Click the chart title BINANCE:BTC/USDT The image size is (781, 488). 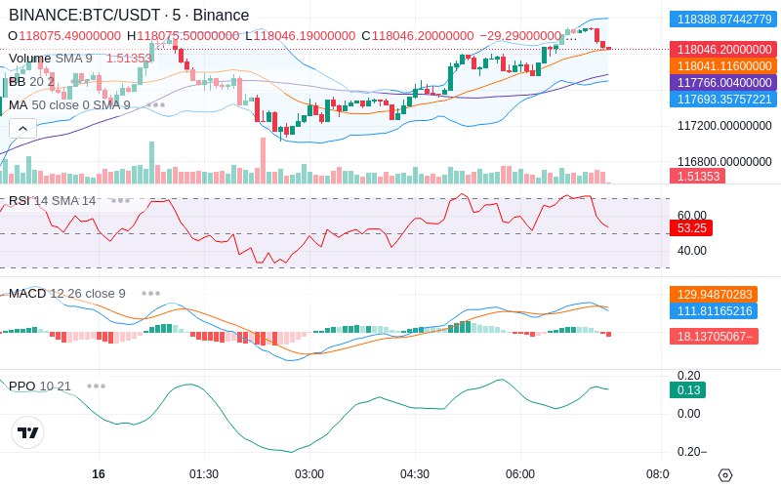84,16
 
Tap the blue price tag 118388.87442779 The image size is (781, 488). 724,20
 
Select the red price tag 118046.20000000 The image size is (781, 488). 724,50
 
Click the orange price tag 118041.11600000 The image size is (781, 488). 724,65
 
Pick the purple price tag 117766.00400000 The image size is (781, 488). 724,82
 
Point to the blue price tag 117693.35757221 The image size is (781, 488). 724,100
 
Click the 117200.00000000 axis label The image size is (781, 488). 724,126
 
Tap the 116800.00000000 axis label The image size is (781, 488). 724,161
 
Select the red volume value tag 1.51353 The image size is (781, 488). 697,177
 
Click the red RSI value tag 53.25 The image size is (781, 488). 691,228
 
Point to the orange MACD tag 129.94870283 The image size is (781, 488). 714,295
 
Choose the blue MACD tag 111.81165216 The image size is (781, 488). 714,311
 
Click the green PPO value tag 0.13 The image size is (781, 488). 688,389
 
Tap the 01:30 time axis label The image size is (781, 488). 204,474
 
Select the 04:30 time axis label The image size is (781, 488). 414,474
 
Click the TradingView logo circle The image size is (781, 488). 28,432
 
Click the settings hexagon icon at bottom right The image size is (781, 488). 725,475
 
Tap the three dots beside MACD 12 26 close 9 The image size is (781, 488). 150,294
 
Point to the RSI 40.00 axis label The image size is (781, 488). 692,251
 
